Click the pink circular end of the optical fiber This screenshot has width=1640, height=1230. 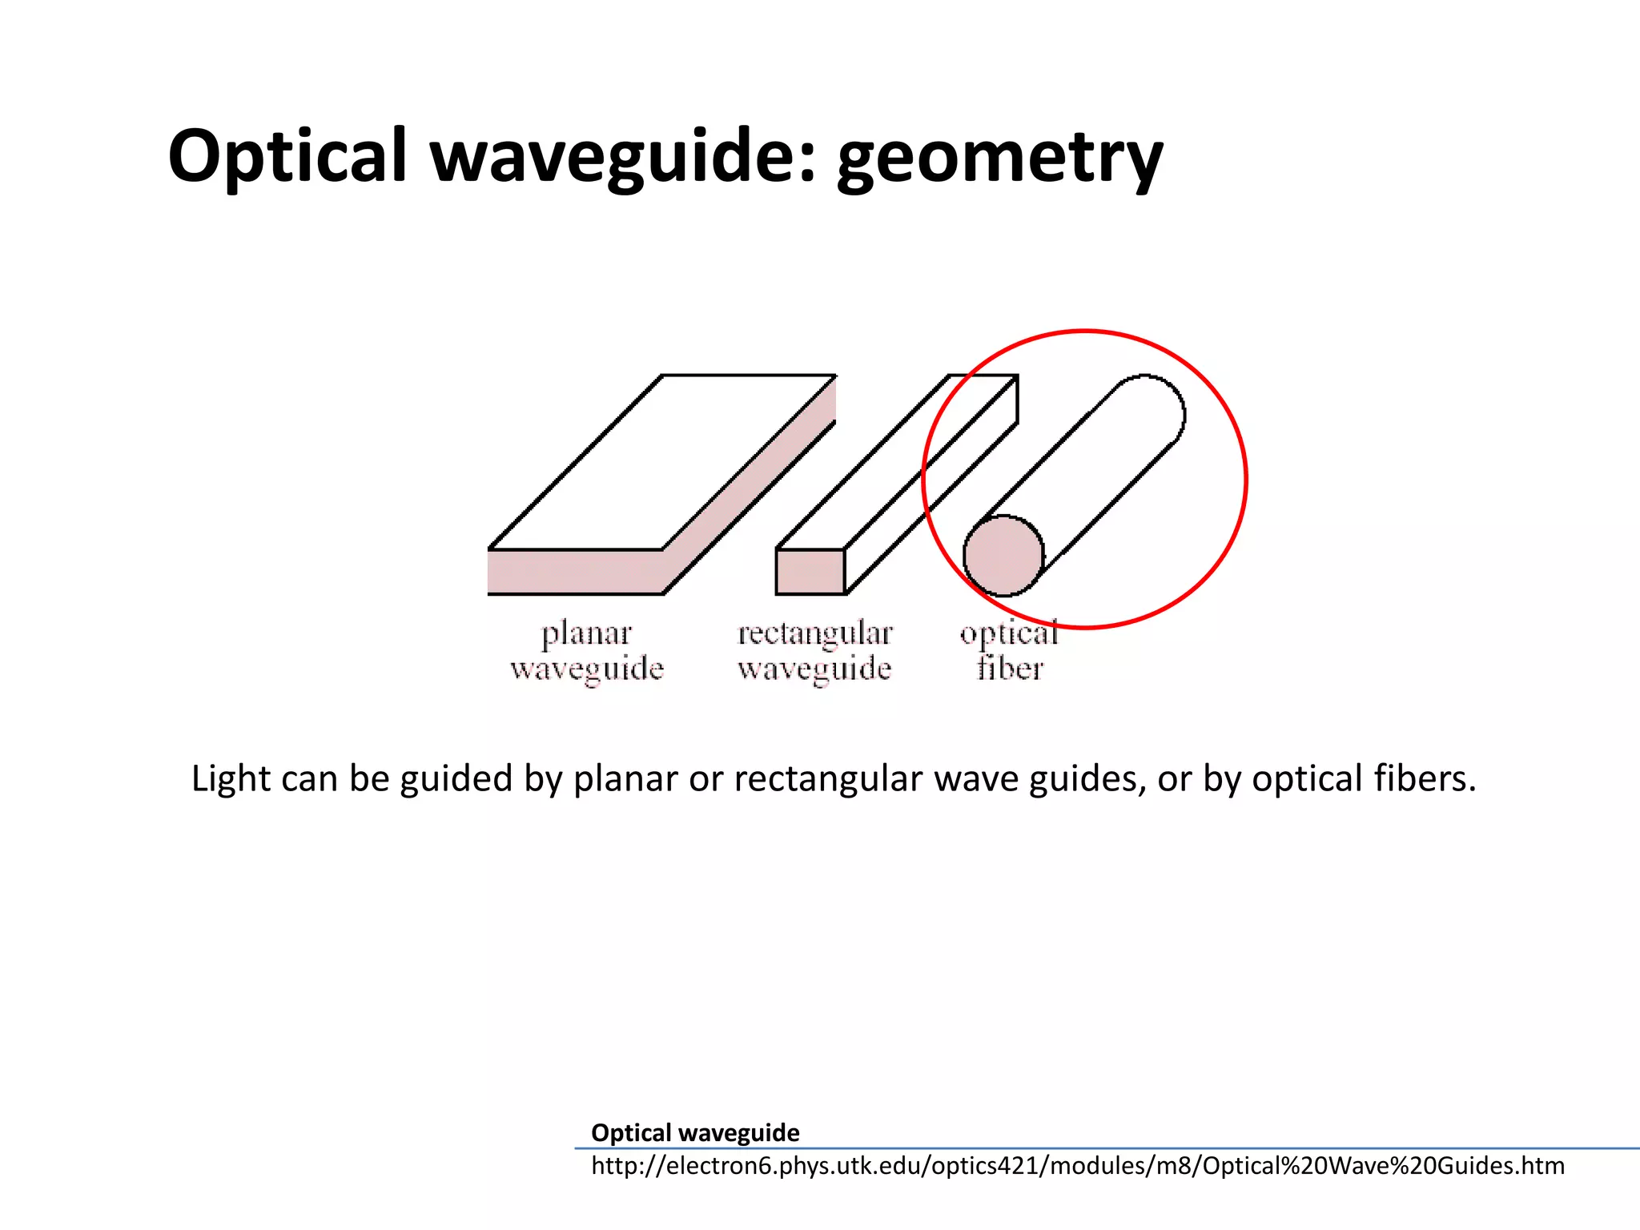[1003, 556]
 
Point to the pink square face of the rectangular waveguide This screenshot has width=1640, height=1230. [810, 572]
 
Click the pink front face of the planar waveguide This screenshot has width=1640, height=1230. [575, 572]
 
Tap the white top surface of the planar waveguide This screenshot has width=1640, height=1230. [661, 463]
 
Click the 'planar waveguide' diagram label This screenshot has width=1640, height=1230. [587, 651]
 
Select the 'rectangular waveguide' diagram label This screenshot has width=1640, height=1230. [814, 651]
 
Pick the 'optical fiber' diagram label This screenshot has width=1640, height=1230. [1009, 651]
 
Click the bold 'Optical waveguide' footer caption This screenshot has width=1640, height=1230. [695, 1132]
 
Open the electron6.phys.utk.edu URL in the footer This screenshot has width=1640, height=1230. [1077, 1166]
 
